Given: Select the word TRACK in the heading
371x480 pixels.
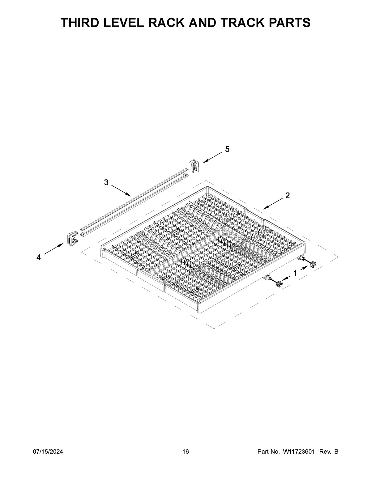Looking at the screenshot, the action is pyautogui.click(x=242, y=23).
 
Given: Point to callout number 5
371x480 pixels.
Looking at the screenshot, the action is pyautogui.click(x=227, y=149).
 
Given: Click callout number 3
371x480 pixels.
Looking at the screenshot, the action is pyautogui.click(x=106, y=182).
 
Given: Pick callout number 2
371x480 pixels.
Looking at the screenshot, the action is pyautogui.click(x=287, y=195).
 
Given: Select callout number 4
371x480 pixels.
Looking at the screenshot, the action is pyautogui.click(x=39, y=257).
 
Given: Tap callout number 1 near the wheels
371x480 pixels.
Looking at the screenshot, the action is pyautogui.click(x=295, y=274).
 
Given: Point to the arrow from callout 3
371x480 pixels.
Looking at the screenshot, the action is pyautogui.click(x=121, y=190).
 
